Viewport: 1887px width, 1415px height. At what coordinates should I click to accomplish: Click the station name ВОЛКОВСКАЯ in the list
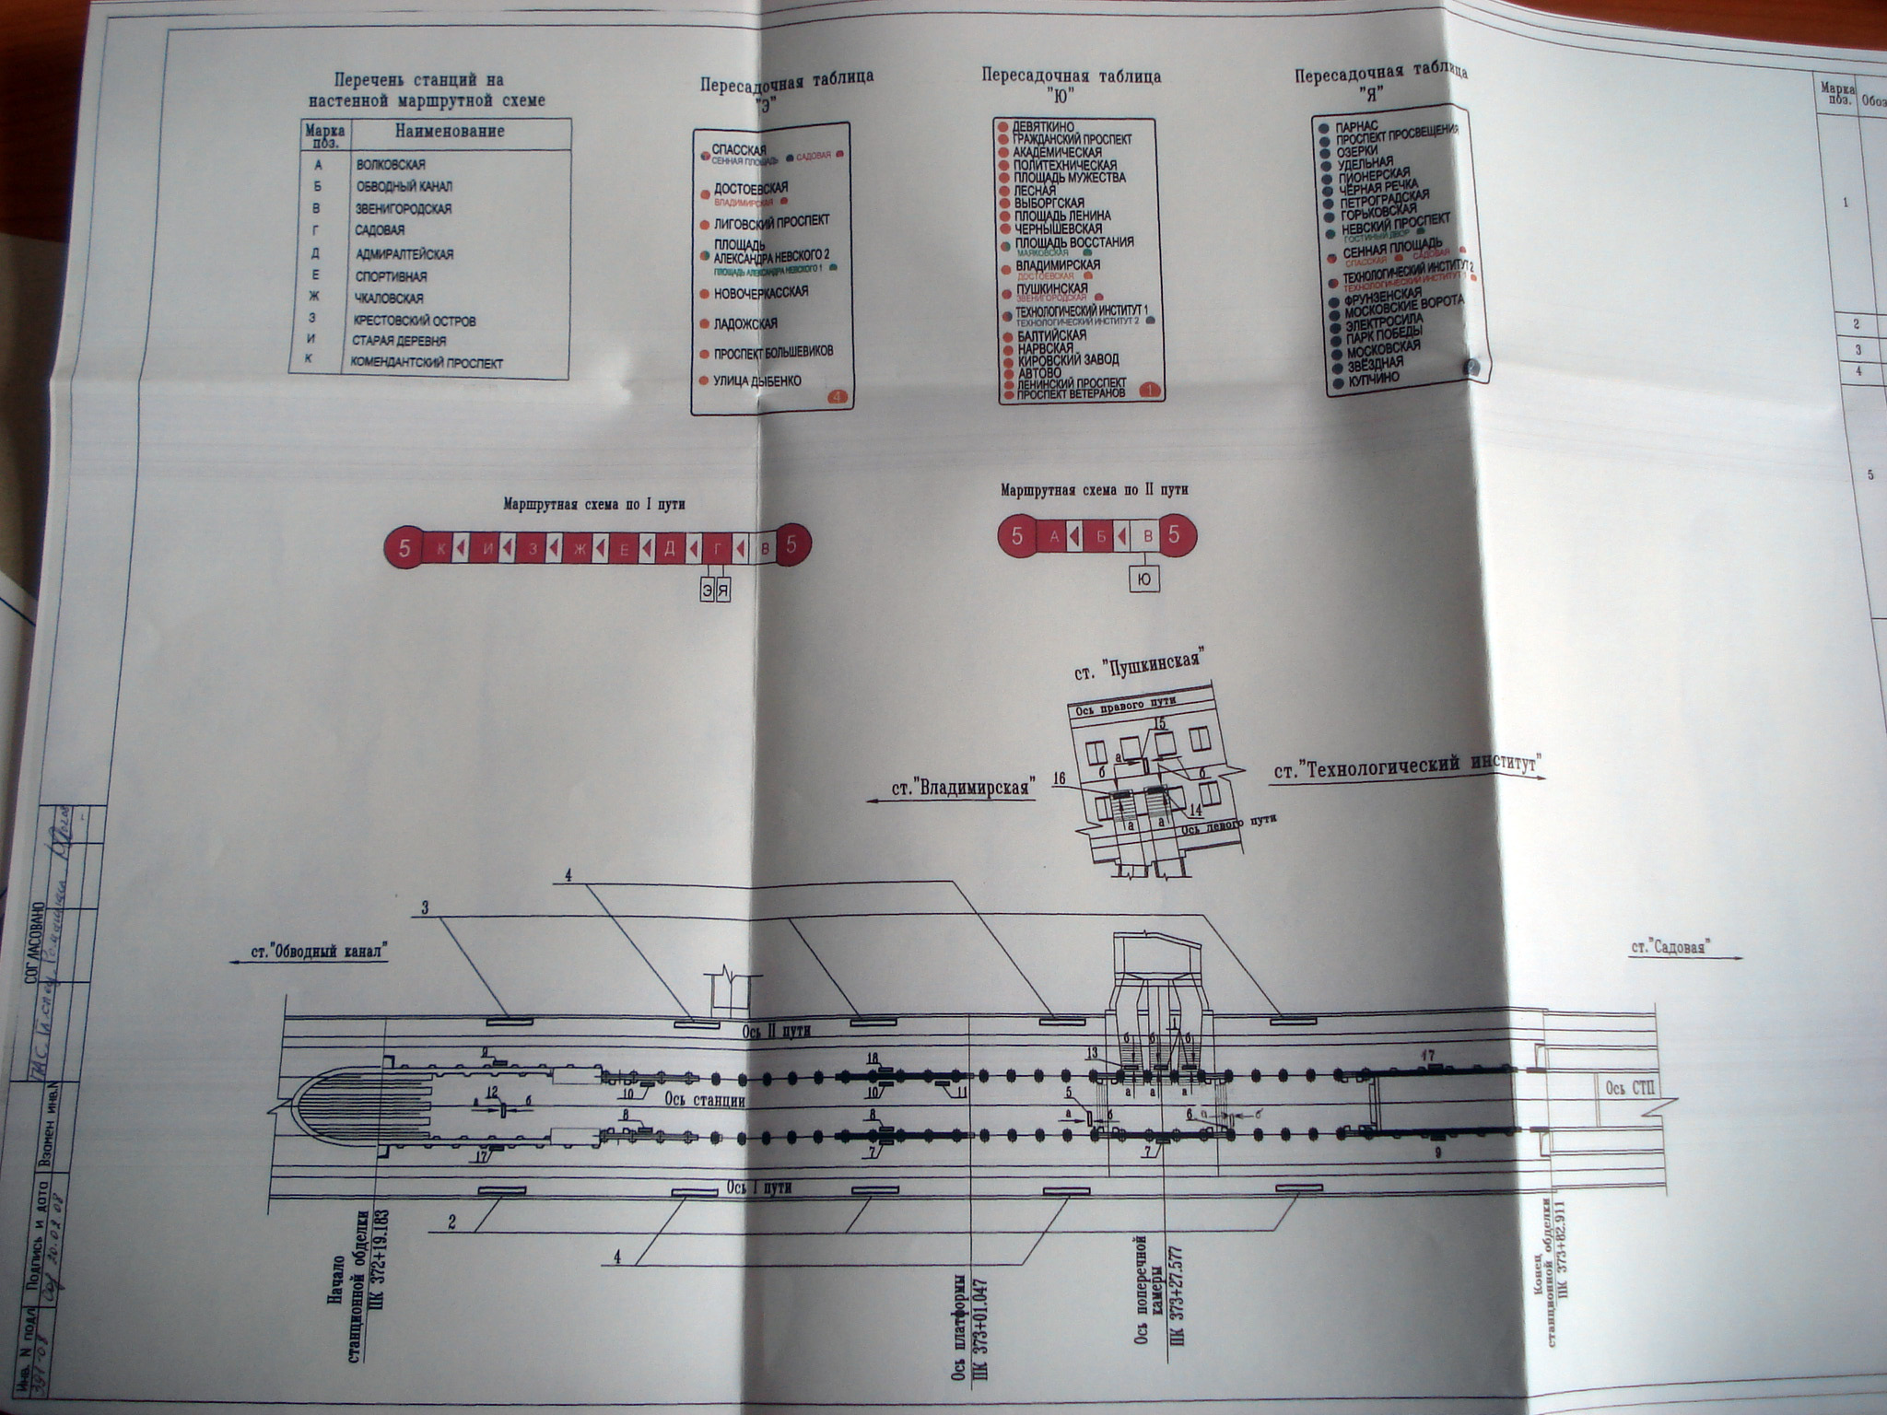(391, 165)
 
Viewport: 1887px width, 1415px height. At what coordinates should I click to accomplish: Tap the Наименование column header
(450, 132)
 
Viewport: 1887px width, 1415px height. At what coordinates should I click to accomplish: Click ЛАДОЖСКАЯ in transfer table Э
(745, 323)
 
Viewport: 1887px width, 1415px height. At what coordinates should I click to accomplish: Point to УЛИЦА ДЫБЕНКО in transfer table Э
(757, 380)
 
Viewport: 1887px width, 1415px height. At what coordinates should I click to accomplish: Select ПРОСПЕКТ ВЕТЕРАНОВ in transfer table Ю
(1070, 393)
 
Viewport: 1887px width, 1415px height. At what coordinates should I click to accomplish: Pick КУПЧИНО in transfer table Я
(1374, 378)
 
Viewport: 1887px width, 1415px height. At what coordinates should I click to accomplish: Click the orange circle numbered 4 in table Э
(837, 398)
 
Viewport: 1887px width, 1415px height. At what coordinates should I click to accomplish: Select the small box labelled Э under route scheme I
(707, 590)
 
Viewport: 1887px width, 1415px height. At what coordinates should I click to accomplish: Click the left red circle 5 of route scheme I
(404, 548)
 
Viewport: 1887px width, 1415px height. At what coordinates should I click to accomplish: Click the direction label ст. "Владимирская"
(958, 789)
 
